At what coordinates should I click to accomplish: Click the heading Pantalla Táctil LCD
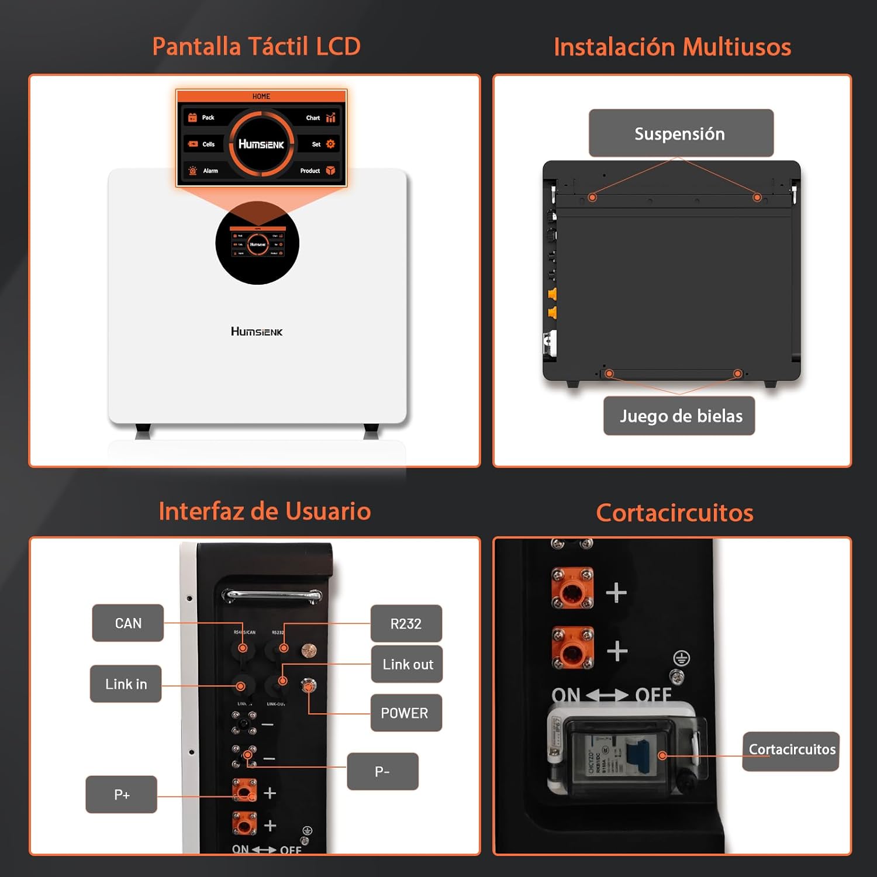[256, 47]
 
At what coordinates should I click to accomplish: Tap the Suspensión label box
[681, 133]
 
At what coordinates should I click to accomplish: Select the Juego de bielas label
[679, 416]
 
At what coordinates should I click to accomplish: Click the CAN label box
[128, 623]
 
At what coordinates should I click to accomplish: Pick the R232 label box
[406, 624]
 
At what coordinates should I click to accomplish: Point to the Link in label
[126, 684]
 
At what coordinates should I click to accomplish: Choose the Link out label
[407, 664]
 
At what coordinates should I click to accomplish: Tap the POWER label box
[406, 713]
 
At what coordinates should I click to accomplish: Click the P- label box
[382, 772]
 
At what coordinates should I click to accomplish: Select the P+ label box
[122, 795]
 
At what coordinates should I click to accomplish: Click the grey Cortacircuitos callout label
[791, 750]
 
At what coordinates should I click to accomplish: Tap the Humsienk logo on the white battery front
[257, 332]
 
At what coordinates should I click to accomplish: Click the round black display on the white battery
[257, 243]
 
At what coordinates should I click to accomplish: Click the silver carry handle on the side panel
[271, 596]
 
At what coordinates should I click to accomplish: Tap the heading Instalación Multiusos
[672, 47]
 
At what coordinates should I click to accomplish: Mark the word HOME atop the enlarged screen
[261, 96]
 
